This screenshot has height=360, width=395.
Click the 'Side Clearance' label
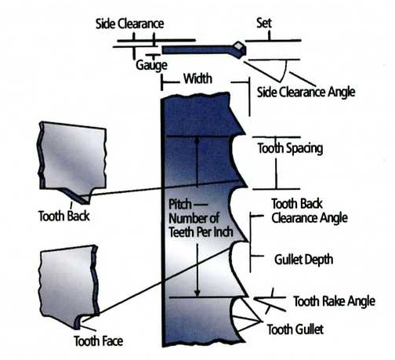click(129, 24)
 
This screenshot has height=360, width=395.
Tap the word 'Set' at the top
click(264, 23)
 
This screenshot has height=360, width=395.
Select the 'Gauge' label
click(151, 65)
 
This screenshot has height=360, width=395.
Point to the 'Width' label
click(197, 78)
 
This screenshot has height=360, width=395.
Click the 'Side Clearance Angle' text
click(306, 92)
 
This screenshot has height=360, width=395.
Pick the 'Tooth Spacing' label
click(290, 148)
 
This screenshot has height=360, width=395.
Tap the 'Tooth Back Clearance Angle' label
click(310, 211)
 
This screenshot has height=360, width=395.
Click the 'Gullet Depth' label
click(304, 260)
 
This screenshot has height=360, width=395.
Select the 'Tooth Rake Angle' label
click(335, 301)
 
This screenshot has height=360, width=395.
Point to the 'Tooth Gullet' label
click(295, 329)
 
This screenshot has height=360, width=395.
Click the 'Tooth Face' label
click(98, 341)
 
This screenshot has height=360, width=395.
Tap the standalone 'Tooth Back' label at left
click(64, 216)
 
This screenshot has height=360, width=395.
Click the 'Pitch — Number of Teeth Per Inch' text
click(201, 218)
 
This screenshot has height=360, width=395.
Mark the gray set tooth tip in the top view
click(240, 45)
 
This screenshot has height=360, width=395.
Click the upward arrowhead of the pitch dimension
click(197, 140)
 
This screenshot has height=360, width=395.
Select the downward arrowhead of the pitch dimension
click(197, 293)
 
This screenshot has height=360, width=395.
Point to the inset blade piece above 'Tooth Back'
click(73, 162)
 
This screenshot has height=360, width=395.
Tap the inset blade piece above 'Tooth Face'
click(69, 286)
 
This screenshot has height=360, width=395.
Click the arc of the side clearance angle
click(285, 72)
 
